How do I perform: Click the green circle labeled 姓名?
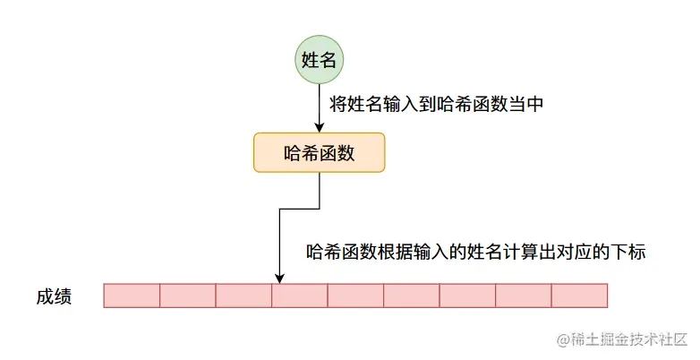pos(320,61)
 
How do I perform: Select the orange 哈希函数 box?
pos(320,152)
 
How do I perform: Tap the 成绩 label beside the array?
pos(55,296)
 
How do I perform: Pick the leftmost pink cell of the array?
pos(132,296)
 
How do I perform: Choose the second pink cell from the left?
pos(188,296)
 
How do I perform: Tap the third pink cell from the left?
pos(243,296)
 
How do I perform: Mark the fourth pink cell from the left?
pos(300,296)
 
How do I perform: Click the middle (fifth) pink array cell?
pos(355,296)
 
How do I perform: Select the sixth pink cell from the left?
pos(412,296)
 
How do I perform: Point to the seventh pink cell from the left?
pos(467,296)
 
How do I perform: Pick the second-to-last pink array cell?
pos(524,296)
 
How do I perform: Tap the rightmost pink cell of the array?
pos(579,296)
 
